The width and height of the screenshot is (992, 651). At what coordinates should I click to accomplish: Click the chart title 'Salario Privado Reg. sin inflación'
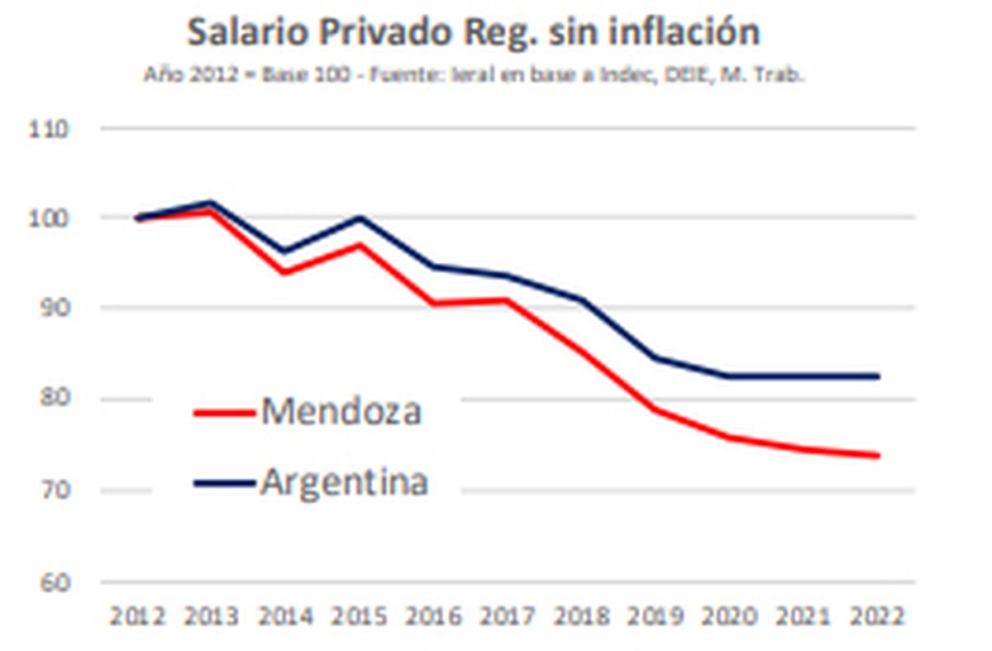tap(473, 33)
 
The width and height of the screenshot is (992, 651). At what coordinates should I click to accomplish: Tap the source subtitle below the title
tap(475, 74)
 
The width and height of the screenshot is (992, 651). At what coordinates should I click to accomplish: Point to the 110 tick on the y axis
tap(51, 129)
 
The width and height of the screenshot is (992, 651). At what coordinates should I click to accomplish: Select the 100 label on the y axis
tap(51, 218)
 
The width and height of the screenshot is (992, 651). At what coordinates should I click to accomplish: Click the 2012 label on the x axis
tap(137, 616)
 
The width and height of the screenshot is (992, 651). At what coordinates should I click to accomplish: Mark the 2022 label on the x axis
tap(876, 616)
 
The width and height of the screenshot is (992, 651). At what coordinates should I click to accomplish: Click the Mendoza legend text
tap(341, 411)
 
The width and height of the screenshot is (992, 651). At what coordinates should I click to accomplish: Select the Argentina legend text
tap(344, 482)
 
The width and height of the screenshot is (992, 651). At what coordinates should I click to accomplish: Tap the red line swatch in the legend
tap(223, 411)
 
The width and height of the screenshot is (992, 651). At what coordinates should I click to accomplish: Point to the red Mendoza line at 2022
tap(876, 455)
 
